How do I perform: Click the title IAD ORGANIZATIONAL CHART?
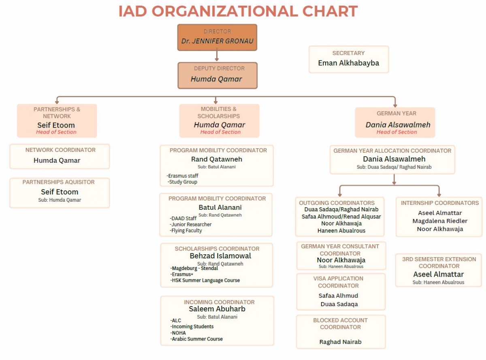(x=238, y=11)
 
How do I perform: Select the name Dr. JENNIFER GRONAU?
(x=217, y=41)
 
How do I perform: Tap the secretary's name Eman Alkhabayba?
(x=348, y=63)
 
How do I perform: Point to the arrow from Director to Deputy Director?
(x=217, y=56)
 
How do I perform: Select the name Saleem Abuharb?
(x=217, y=309)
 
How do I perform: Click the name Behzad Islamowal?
(x=220, y=256)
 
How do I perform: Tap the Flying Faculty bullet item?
(x=186, y=231)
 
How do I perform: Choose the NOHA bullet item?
(x=178, y=333)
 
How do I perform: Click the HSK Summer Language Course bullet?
(x=205, y=280)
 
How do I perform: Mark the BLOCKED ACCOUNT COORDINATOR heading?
(x=340, y=324)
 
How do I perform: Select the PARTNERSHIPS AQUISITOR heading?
(x=58, y=182)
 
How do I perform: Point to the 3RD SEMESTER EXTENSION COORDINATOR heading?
(x=439, y=262)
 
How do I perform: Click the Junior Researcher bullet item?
(x=191, y=224)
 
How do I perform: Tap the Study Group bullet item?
(x=183, y=182)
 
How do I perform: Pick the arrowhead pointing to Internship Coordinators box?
(x=439, y=195)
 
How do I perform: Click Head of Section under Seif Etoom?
(x=56, y=132)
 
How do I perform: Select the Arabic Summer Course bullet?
(x=197, y=339)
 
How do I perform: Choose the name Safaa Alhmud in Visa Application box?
(x=338, y=296)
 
